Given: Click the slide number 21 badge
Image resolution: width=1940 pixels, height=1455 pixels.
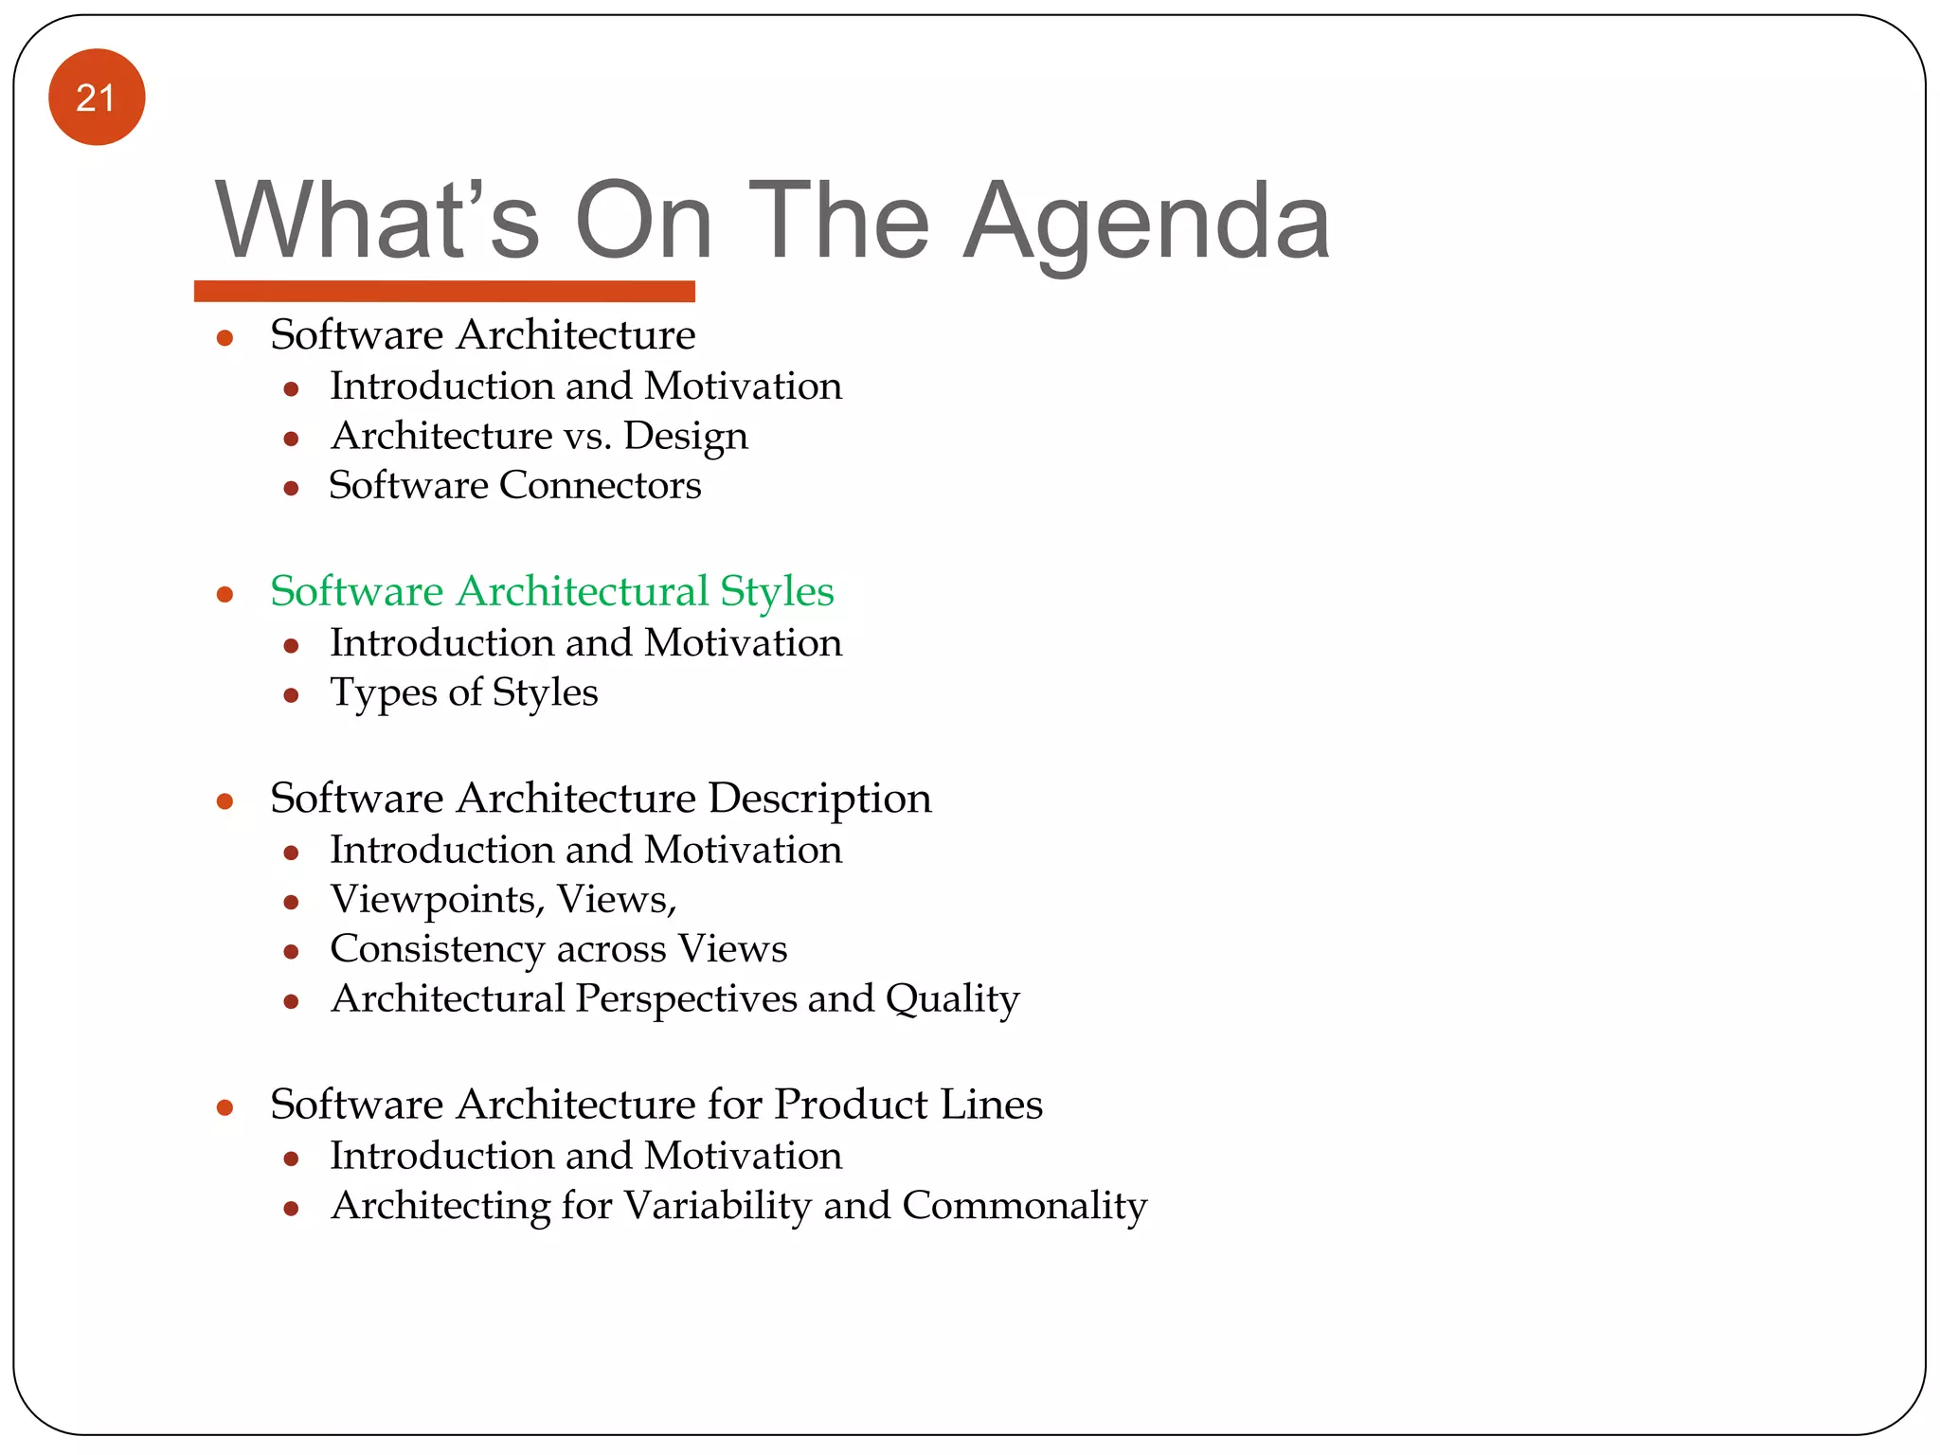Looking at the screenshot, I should click(97, 98).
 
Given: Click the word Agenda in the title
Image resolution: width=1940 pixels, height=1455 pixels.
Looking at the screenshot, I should click(1147, 223).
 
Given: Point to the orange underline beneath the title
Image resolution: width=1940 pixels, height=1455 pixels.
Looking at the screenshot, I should click(444, 291).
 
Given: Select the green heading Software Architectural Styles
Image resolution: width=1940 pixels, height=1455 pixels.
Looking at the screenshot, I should click(551, 591).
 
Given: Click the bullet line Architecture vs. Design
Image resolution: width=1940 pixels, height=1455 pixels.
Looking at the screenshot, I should click(539, 437).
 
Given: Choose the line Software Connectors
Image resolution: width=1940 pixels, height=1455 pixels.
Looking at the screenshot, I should click(514, 486).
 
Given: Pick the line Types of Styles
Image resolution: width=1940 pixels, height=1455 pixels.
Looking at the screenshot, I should click(463, 692).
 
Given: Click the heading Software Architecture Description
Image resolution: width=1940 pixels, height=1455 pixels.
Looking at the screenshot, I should click(601, 799).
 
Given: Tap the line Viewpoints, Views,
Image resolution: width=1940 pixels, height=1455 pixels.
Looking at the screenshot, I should click(503, 900).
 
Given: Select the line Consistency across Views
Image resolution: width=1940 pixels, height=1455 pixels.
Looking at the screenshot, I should click(558, 949).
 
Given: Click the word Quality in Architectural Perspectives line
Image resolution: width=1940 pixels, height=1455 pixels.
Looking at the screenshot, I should click(952, 999).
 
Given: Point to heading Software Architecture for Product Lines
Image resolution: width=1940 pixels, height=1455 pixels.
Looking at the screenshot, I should click(656, 1105).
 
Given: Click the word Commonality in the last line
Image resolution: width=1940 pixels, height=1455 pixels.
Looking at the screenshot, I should click(1024, 1206).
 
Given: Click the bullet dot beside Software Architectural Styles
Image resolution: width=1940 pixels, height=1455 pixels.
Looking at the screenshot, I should click(225, 595).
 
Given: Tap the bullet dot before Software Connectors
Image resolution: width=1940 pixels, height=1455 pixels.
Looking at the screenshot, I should click(291, 489).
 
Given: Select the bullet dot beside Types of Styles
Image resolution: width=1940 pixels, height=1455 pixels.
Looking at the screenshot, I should click(291, 696).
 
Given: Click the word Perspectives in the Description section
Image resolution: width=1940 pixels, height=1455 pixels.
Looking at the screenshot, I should click(686, 999).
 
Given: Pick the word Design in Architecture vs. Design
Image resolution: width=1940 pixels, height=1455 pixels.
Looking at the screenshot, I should click(686, 437).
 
